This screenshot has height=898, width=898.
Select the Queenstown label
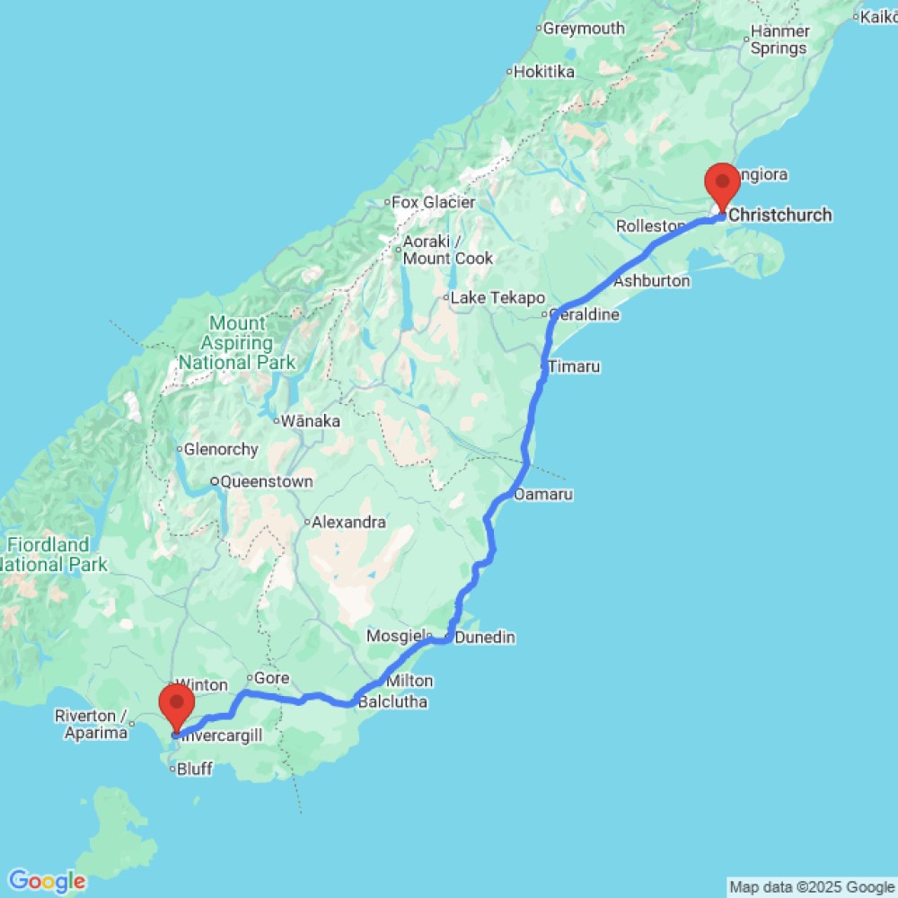[x=267, y=482]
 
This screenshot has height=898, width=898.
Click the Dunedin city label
[x=485, y=638]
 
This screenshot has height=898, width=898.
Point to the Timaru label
[x=574, y=366]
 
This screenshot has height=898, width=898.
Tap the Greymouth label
[x=584, y=29]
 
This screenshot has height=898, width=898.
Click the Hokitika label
[x=543, y=72]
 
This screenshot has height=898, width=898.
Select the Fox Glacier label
[x=434, y=203]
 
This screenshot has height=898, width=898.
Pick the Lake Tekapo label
[x=497, y=298]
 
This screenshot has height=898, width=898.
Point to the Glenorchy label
[x=221, y=450]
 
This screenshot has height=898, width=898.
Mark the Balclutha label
[x=392, y=702]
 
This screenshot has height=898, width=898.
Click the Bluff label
[x=195, y=769]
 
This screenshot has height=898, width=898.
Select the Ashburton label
[x=652, y=281]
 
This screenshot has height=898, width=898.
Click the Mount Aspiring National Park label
[x=237, y=343]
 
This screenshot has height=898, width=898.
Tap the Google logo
[x=47, y=881]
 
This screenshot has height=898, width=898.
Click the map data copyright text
[x=811, y=887]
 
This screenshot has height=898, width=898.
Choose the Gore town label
[x=272, y=679]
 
